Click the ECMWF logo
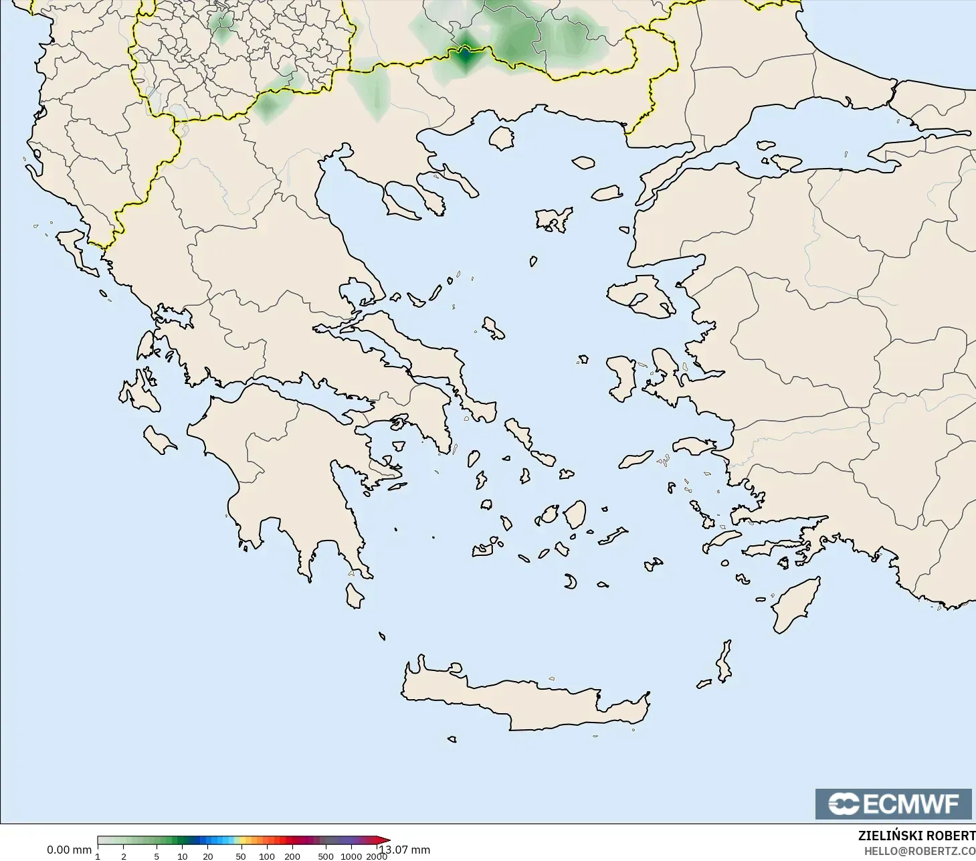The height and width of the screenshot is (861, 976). point(893,803)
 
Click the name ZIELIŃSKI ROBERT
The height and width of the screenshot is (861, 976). point(916,836)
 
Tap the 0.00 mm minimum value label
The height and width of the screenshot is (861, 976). point(69,850)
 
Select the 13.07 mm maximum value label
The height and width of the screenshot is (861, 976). point(405,850)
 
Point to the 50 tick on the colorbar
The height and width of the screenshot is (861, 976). point(240,856)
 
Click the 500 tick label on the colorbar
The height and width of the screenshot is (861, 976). point(326,856)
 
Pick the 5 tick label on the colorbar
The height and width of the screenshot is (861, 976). point(157,856)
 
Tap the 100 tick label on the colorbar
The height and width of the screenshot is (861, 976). point(266,856)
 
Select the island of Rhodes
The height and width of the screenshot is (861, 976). point(794,605)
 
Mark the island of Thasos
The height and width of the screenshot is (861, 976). point(501,138)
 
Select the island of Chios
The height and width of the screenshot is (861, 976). point(622,378)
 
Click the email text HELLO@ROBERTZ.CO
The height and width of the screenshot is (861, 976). point(919,851)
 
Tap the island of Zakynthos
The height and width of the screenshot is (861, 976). point(160,440)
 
